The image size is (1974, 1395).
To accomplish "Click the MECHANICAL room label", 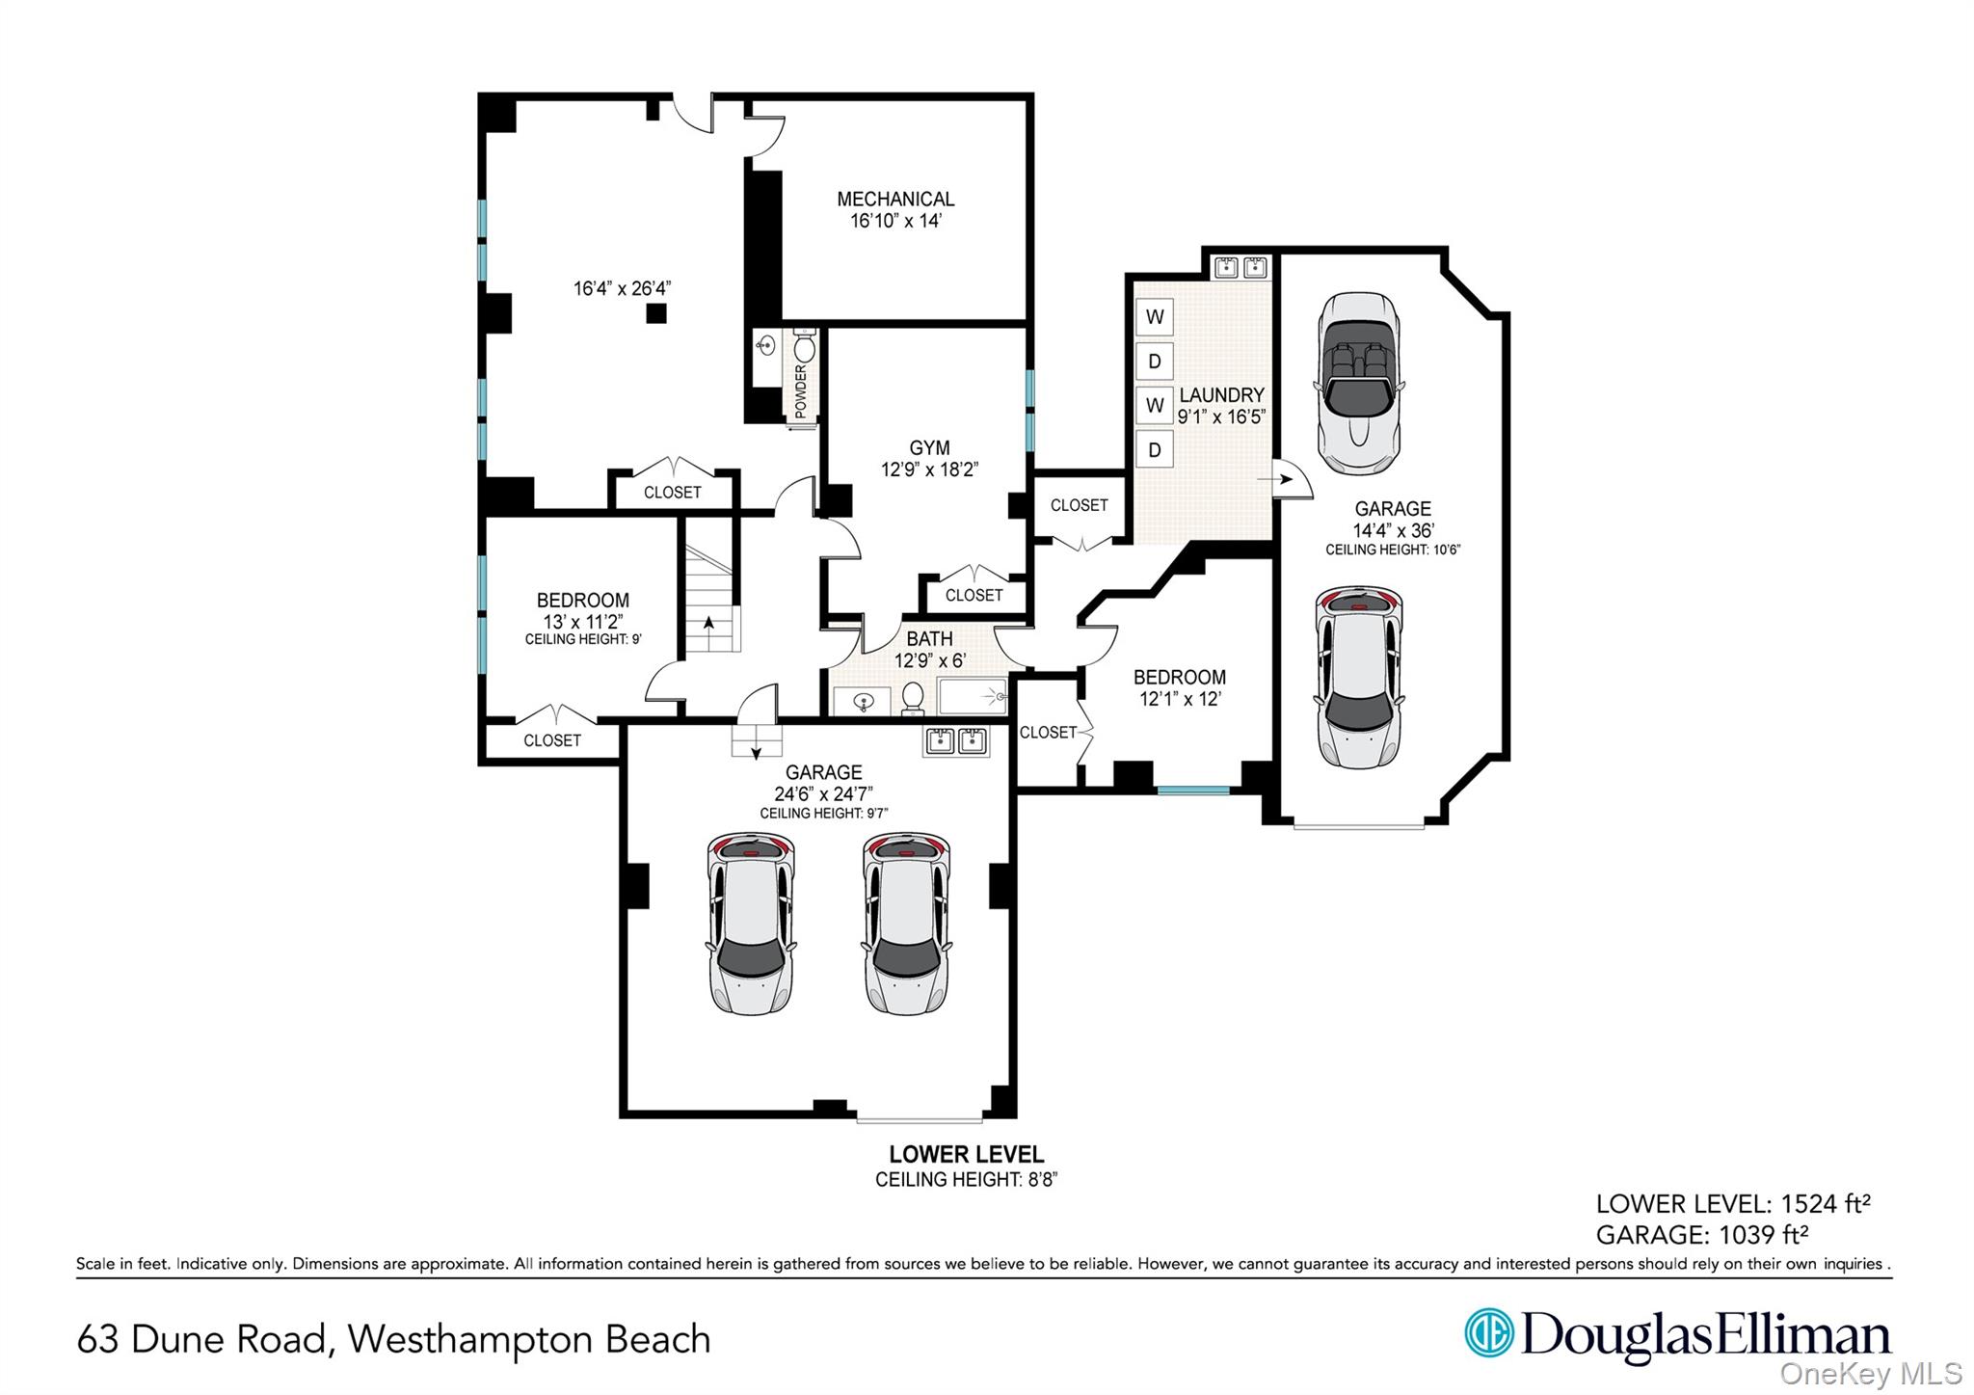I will coord(894,200).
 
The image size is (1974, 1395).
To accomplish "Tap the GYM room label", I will coord(929,448).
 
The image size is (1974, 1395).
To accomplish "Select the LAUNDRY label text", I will coord(1220,395).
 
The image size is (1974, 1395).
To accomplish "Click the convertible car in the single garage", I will coord(1359,384).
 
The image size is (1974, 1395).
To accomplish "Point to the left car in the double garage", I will coord(751,924).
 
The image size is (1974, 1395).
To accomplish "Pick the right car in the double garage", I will coord(906,924).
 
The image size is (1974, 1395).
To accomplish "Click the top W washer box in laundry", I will coord(1155,316).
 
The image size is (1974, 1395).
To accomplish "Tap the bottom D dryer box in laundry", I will coord(1155,450).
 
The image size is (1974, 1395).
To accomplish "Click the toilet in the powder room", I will coord(805,346).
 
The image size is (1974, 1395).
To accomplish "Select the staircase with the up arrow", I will coord(710,598).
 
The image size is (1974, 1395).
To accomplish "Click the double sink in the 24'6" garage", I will coord(955,740).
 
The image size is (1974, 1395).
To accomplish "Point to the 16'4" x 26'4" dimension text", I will coord(622,288).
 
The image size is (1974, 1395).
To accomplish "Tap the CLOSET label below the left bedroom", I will coord(551,740).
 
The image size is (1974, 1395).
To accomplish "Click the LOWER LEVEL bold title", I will coord(966,1154).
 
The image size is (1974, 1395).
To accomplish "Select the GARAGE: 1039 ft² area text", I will coord(1701,1235).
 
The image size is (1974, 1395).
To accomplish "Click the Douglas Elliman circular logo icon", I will coord(1488,1333).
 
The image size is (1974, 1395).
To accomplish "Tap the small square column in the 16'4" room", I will coord(655,312).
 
